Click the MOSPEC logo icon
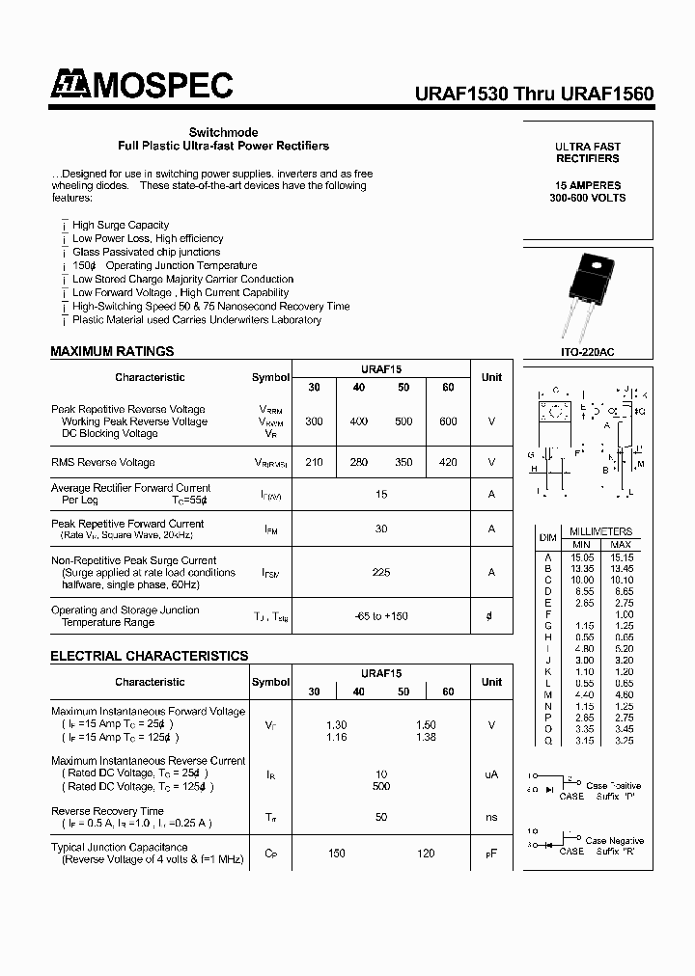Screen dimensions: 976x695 click(x=67, y=87)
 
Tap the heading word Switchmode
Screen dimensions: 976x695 click(x=223, y=132)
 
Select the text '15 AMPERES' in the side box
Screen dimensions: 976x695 click(x=588, y=184)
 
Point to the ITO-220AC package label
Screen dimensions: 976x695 click(x=587, y=353)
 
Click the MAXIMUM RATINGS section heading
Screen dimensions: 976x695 click(x=112, y=351)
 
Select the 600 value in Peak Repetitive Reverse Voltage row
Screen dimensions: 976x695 click(x=447, y=421)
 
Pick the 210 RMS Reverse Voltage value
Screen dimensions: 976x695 click(x=314, y=462)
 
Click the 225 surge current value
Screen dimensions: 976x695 click(x=381, y=572)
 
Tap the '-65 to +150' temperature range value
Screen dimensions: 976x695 click(x=381, y=615)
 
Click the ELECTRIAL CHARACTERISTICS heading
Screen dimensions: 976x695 click(x=149, y=656)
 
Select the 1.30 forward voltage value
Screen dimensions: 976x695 click(x=337, y=724)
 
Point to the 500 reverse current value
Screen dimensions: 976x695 click(x=381, y=786)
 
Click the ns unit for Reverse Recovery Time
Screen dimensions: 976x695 click(x=491, y=817)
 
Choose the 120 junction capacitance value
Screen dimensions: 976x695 click(x=426, y=854)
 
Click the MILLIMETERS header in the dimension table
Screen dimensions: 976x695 click(x=600, y=531)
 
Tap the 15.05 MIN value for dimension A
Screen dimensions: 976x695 click(x=583, y=557)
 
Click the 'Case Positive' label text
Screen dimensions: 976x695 click(x=613, y=786)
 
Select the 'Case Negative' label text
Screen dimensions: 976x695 click(x=614, y=841)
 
